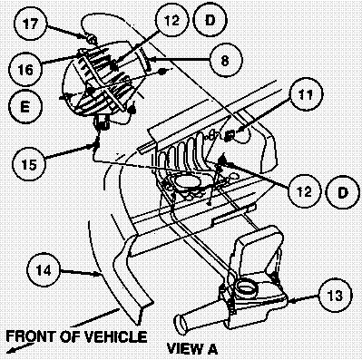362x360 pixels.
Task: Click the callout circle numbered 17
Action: [x=30, y=24]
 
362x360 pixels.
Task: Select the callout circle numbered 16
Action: [x=25, y=70]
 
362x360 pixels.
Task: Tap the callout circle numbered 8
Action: [x=226, y=61]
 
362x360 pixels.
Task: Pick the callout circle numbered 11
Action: [x=306, y=94]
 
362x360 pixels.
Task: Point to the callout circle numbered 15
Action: [x=29, y=164]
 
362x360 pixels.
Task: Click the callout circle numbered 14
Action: [x=44, y=269]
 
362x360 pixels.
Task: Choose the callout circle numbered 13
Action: [x=335, y=295]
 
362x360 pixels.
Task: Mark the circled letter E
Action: [x=24, y=106]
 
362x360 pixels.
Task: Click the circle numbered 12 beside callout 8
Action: [x=171, y=20]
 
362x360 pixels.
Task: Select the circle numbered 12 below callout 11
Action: [x=305, y=191]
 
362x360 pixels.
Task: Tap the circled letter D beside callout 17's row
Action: [x=210, y=20]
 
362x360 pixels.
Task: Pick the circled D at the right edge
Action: [x=342, y=192]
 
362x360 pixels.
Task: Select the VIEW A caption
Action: [x=192, y=348]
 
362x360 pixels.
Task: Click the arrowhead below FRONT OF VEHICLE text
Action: [x=12, y=350]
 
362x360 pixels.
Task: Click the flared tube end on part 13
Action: [x=182, y=324]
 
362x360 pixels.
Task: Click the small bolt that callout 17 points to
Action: [x=92, y=38]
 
